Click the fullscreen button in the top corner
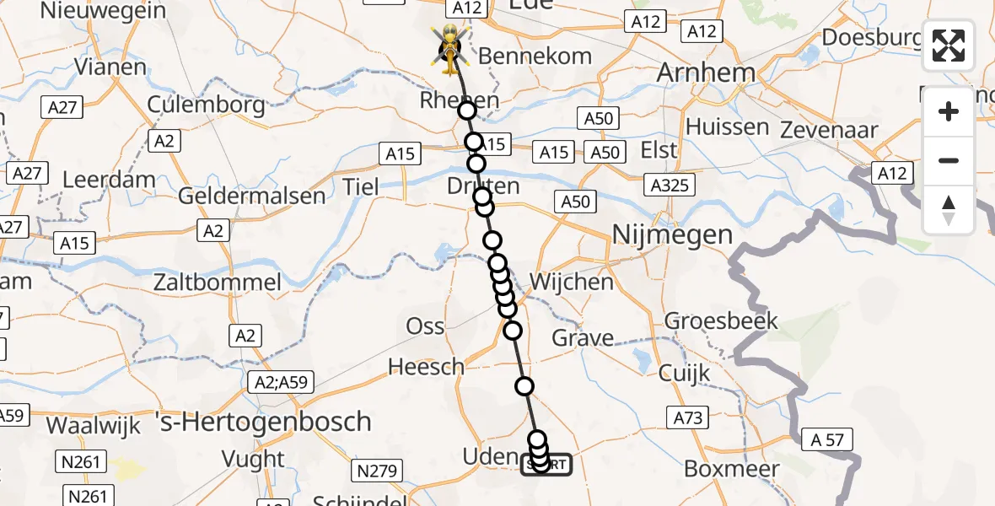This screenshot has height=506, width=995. (x=949, y=46)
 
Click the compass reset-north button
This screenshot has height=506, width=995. (x=949, y=209)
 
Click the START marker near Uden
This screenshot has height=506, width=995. (x=546, y=464)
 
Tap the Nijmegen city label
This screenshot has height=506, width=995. (x=671, y=234)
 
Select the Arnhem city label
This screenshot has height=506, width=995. (x=706, y=73)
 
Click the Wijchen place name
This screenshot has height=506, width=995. (x=572, y=281)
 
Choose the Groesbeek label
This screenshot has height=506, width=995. (x=721, y=320)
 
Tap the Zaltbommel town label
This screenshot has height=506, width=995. (x=217, y=282)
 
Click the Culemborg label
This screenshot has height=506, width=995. (x=207, y=105)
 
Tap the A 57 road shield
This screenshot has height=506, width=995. (x=828, y=439)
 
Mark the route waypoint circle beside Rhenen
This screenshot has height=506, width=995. (x=467, y=110)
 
